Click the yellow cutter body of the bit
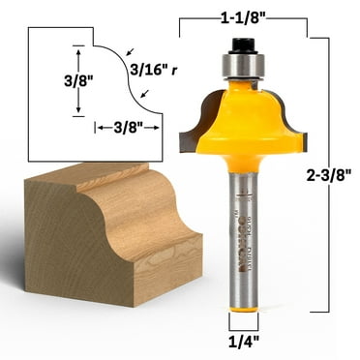tap(243, 121)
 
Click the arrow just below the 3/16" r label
tap(143, 92)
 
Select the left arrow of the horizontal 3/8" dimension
tap(99, 127)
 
